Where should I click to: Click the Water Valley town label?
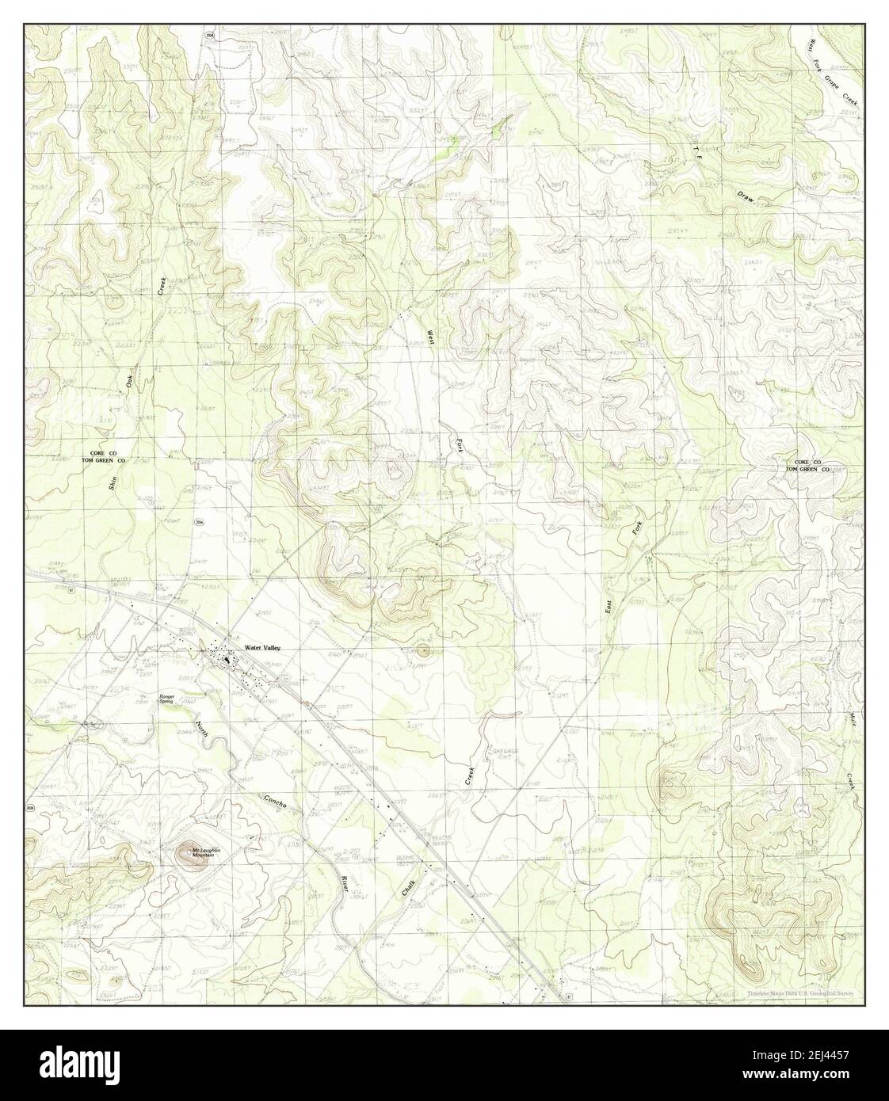(x=262, y=648)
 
